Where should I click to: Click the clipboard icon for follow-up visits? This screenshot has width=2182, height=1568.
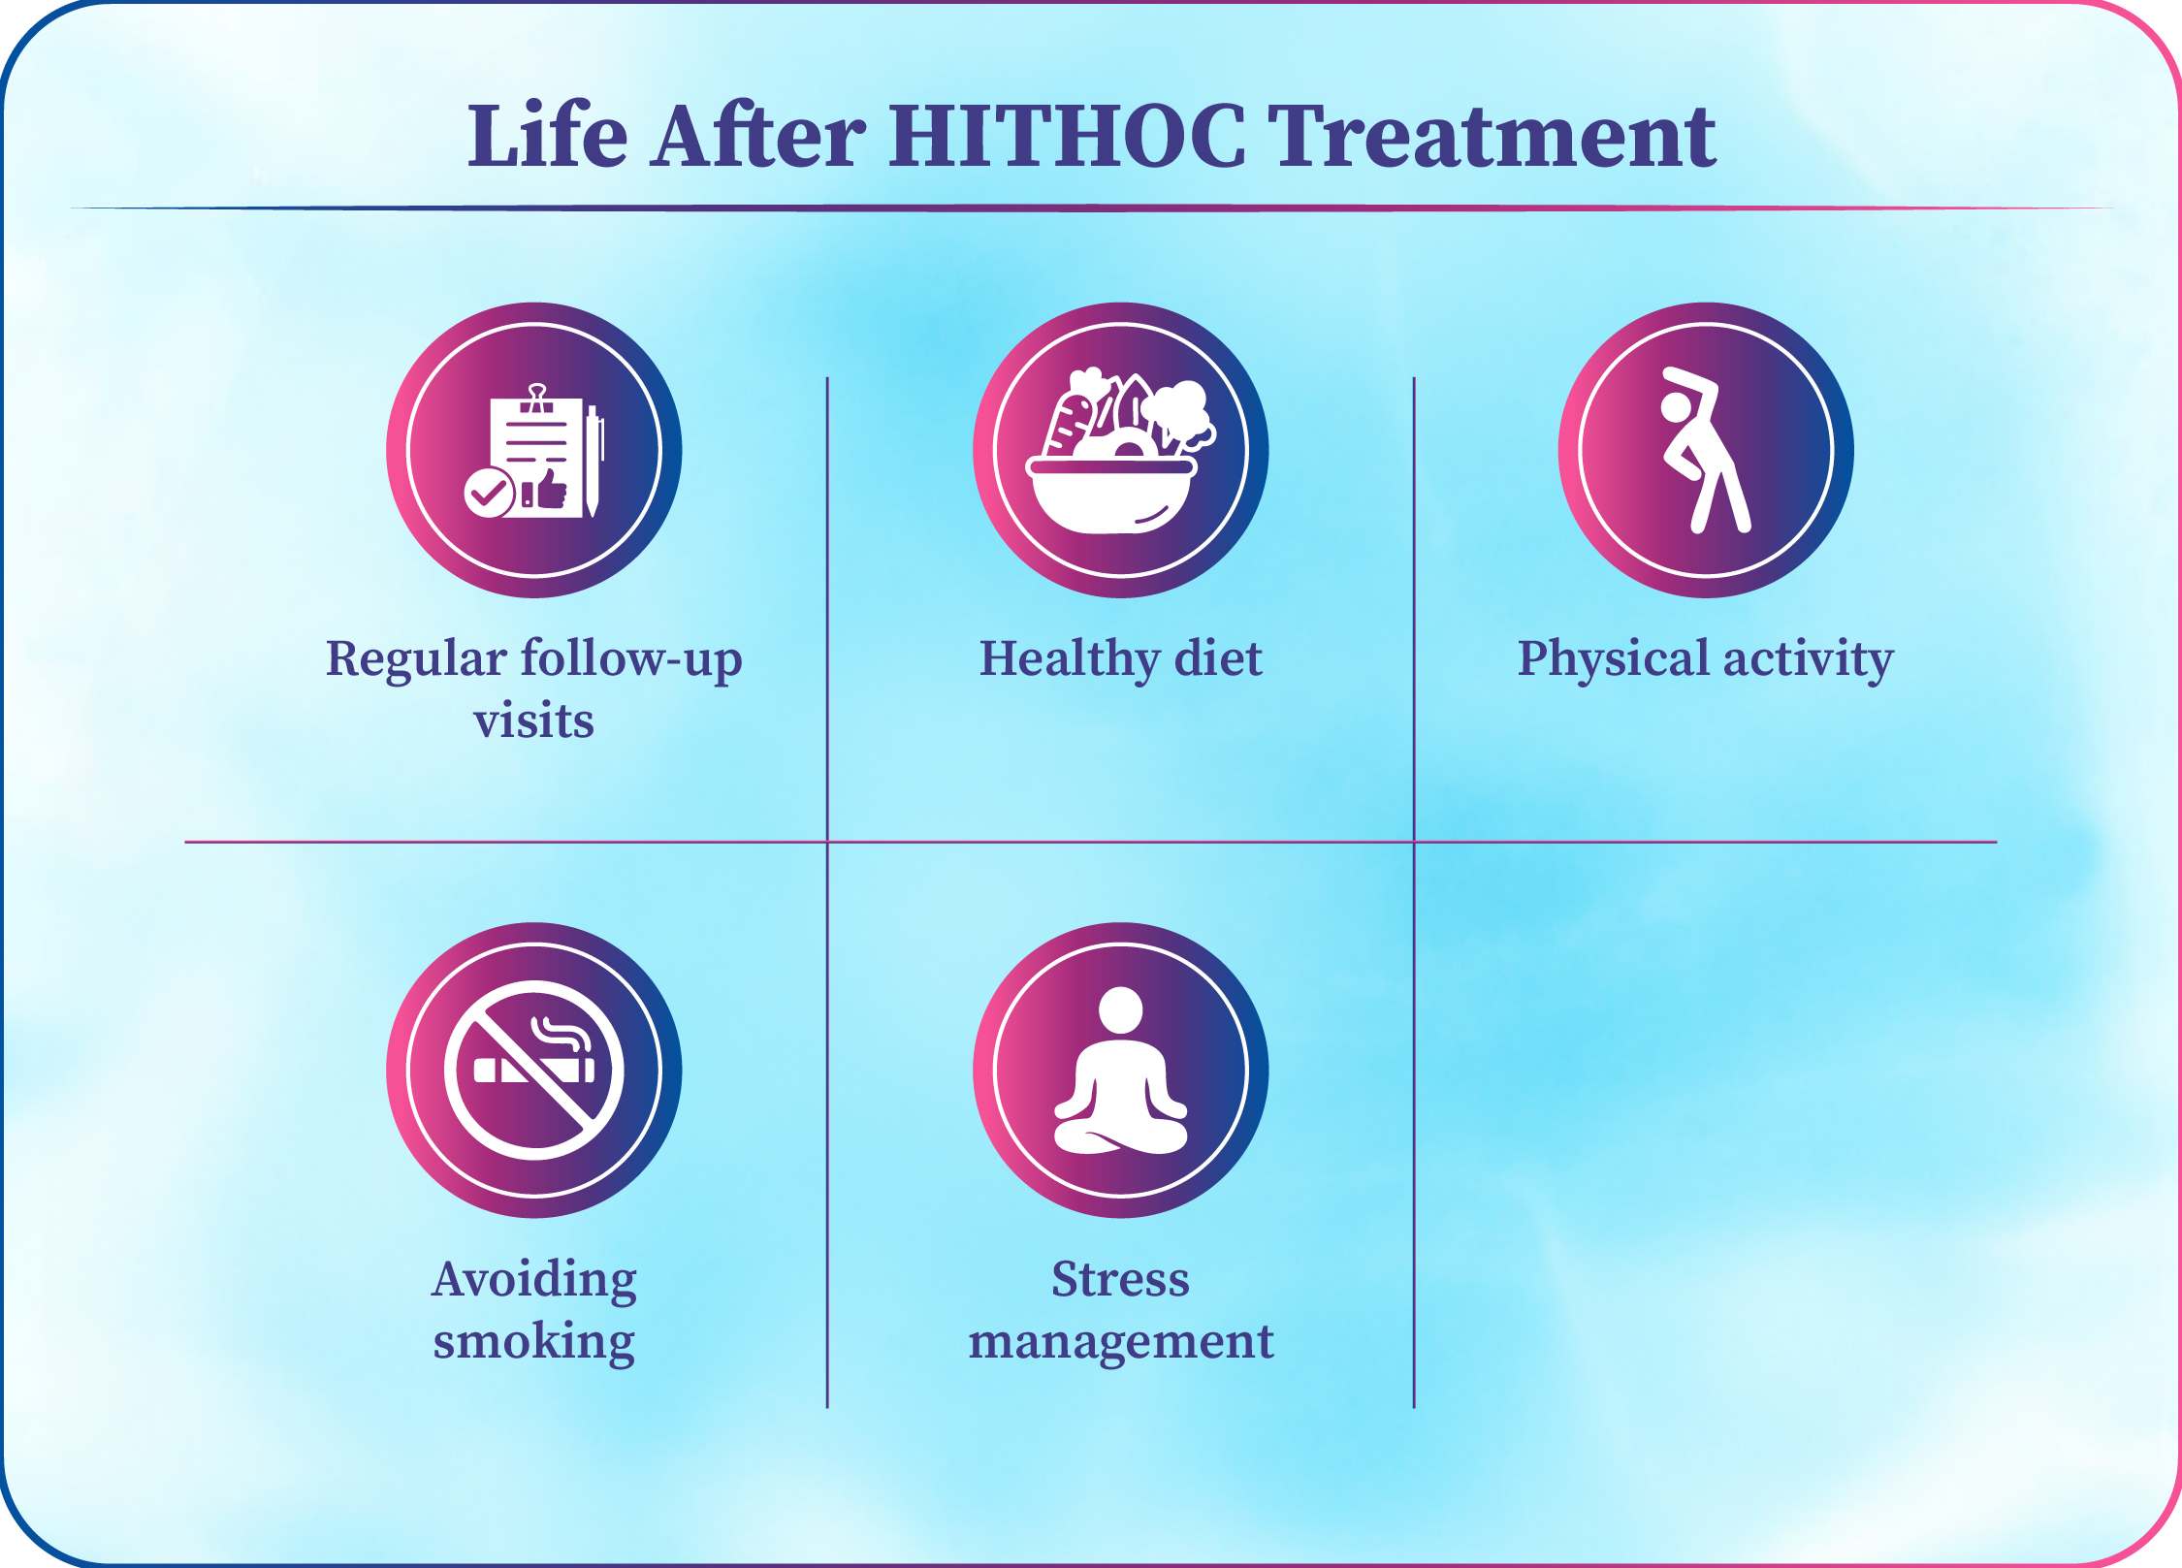534,451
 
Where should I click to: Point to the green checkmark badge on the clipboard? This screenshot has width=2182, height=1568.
489,493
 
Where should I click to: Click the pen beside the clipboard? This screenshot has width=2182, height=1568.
594,461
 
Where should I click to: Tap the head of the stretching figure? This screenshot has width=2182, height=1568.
1676,406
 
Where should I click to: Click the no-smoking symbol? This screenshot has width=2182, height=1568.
534,1070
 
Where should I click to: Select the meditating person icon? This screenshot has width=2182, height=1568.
1121,1071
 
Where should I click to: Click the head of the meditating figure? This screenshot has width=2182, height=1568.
1121,1010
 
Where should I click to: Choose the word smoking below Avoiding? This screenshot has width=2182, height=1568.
534,1343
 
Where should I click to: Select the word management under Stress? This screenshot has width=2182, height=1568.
1121,1343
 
